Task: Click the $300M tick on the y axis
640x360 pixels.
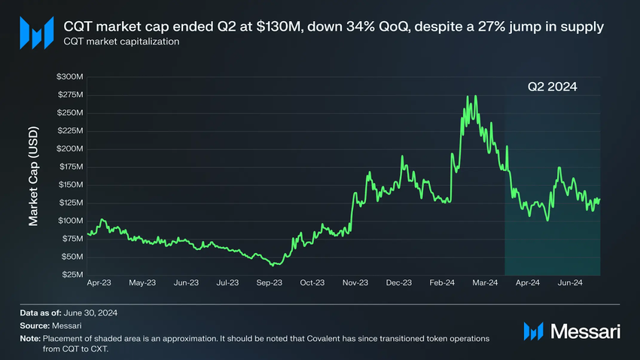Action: click(69, 77)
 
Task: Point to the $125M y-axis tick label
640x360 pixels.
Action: click(69, 203)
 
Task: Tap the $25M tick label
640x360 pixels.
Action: click(72, 275)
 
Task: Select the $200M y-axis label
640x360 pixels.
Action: click(69, 149)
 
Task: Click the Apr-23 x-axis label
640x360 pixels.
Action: click(100, 283)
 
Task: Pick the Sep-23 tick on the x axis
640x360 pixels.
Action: click(269, 283)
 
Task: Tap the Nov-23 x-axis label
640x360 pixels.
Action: click(355, 283)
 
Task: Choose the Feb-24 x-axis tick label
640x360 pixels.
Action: click(441, 283)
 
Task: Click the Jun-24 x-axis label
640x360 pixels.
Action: click(568, 283)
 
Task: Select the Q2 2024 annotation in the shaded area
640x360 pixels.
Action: click(551, 87)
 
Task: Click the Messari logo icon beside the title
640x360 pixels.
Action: click(36, 33)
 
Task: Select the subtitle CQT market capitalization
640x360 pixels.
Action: click(120, 42)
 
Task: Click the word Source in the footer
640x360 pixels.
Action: click(35, 325)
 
